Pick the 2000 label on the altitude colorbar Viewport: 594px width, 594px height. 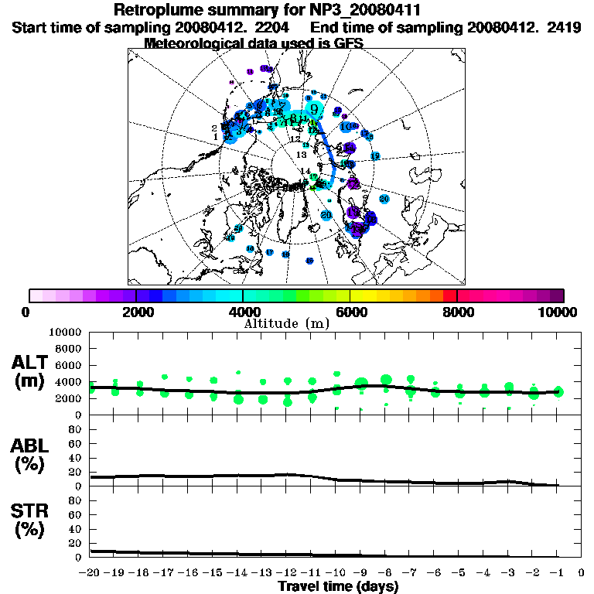click(x=136, y=312)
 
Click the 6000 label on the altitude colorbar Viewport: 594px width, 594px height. click(x=350, y=312)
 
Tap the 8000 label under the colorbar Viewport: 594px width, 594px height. click(x=457, y=312)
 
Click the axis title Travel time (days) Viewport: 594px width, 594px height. click(x=338, y=586)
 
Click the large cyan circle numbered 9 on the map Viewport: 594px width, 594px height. click(x=314, y=109)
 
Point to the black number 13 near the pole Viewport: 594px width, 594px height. click(x=302, y=155)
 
